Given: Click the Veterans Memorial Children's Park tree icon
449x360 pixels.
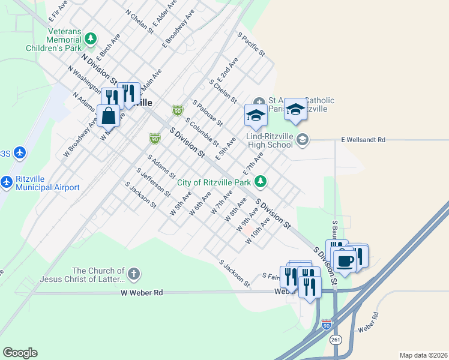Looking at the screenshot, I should pos(90,39).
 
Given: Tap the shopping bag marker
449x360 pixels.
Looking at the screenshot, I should pos(109,115).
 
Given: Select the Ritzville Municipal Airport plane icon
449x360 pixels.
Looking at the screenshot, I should pos(7,181).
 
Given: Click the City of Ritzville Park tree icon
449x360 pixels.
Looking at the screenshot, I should pos(260,180).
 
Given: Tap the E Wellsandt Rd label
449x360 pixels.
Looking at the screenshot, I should pos(363,140).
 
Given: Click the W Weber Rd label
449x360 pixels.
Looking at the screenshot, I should pos(142,293).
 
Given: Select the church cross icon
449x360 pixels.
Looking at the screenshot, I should pos(133,275).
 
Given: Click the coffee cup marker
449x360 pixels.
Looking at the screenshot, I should pos(345,260).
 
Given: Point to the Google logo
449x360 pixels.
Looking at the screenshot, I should pos(20,353).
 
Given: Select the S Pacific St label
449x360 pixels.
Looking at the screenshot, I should pos(252,45).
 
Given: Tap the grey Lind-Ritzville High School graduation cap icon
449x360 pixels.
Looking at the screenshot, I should pos(303,140).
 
